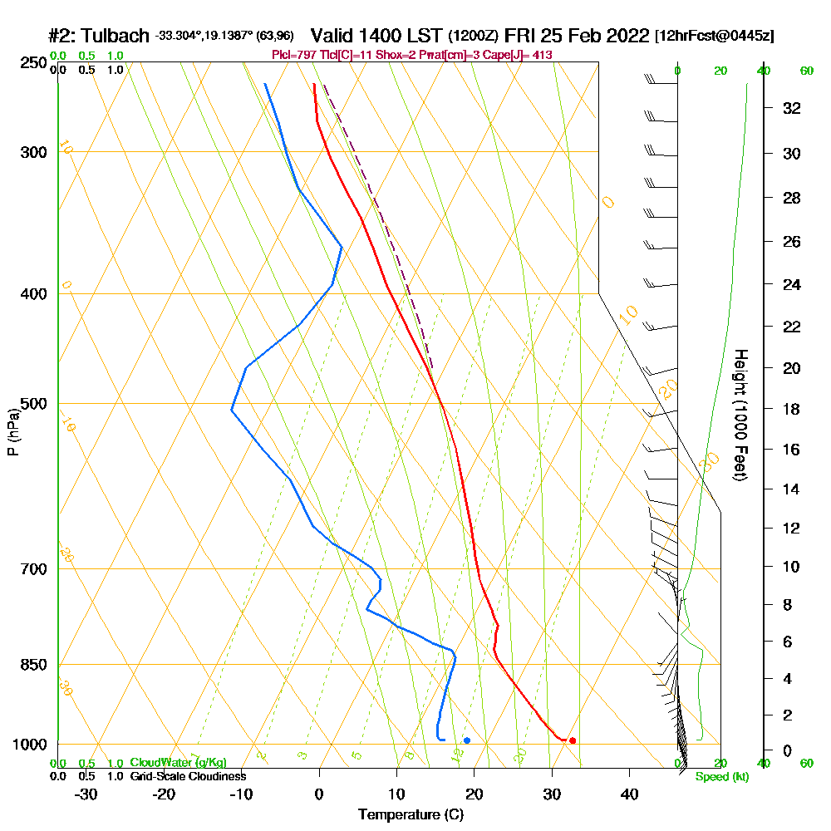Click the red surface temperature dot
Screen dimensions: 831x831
click(573, 740)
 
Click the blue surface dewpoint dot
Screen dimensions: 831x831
click(467, 740)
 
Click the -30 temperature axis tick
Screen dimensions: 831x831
click(86, 794)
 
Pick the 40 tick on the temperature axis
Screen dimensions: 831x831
click(629, 794)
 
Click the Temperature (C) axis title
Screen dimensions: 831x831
click(411, 815)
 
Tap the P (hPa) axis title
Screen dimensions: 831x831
click(12, 431)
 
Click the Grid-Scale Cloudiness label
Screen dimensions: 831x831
click(187, 776)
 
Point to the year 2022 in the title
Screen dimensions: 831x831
click(627, 36)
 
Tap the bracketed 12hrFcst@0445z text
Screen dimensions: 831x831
click(715, 37)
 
